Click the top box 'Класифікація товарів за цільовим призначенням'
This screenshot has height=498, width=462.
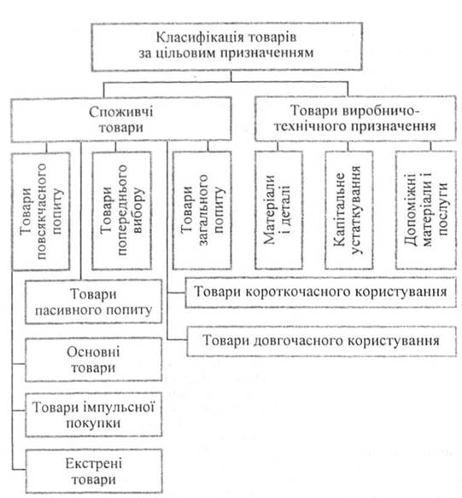(x=226, y=46)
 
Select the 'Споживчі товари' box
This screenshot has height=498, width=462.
(x=121, y=119)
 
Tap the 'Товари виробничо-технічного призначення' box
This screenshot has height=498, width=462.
(x=355, y=119)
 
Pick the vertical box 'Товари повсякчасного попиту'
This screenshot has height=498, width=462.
(x=41, y=211)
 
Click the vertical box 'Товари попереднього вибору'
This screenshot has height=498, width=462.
(x=121, y=211)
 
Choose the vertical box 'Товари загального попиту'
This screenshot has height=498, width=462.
(x=202, y=211)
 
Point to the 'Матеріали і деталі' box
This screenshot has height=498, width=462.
(x=278, y=210)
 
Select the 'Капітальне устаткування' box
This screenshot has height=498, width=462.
(x=348, y=210)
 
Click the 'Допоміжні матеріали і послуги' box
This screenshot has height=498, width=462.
(x=426, y=210)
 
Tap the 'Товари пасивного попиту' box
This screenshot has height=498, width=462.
(x=93, y=302)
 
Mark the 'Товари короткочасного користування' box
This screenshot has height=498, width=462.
(x=320, y=292)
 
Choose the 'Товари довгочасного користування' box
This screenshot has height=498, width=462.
(x=321, y=341)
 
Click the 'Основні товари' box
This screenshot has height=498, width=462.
(x=93, y=360)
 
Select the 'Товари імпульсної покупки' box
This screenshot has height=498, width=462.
(x=93, y=414)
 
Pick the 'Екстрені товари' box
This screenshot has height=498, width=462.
(x=94, y=472)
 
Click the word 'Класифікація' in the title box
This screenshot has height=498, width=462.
(x=200, y=38)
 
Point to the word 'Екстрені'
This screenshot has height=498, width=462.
(x=94, y=464)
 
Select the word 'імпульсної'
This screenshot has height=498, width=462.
(x=120, y=408)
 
